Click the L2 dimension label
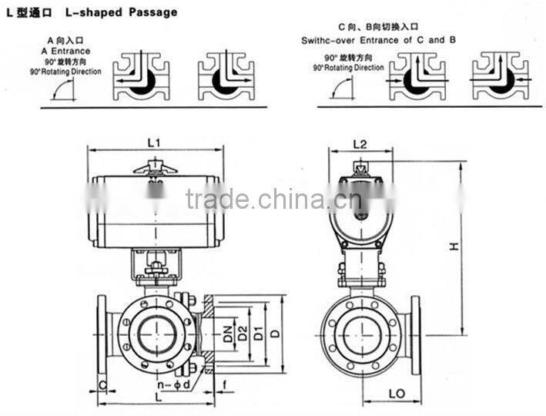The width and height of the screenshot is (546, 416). click(359, 144)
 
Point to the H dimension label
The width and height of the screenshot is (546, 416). click(455, 247)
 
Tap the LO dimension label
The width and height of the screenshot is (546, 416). click(396, 393)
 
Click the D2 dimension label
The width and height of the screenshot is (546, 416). click(243, 334)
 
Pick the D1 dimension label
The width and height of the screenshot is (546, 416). click(261, 334)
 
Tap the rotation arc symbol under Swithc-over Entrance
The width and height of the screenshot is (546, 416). click(342, 88)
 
